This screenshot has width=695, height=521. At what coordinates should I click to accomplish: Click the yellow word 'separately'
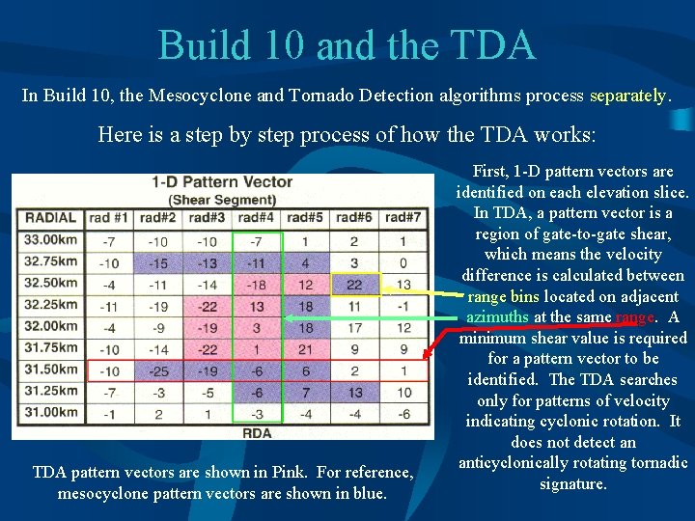(x=628, y=96)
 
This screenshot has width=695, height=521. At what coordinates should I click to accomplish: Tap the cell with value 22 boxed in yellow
(x=354, y=284)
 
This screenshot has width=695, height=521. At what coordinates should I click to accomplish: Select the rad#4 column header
(x=257, y=218)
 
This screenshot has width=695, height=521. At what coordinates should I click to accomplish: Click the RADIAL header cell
(x=50, y=218)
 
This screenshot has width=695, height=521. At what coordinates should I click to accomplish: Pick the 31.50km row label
(x=50, y=370)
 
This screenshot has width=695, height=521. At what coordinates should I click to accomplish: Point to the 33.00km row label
(x=50, y=240)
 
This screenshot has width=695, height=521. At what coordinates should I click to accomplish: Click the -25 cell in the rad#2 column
(x=158, y=370)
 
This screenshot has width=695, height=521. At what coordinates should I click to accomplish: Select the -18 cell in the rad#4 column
(x=257, y=284)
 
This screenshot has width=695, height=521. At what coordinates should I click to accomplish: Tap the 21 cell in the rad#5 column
(x=305, y=348)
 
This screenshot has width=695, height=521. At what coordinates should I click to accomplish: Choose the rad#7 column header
(x=403, y=218)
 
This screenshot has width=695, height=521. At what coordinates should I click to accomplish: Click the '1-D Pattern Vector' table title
(x=222, y=182)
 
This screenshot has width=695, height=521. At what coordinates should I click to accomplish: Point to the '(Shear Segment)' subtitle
(x=223, y=200)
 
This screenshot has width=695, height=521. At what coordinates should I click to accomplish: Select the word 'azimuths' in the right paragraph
(x=496, y=316)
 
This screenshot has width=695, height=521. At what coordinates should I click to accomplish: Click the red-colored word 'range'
(x=634, y=316)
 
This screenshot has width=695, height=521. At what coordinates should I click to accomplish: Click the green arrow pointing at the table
(x=367, y=316)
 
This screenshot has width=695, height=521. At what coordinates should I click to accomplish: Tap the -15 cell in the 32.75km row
(x=158, y=262)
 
